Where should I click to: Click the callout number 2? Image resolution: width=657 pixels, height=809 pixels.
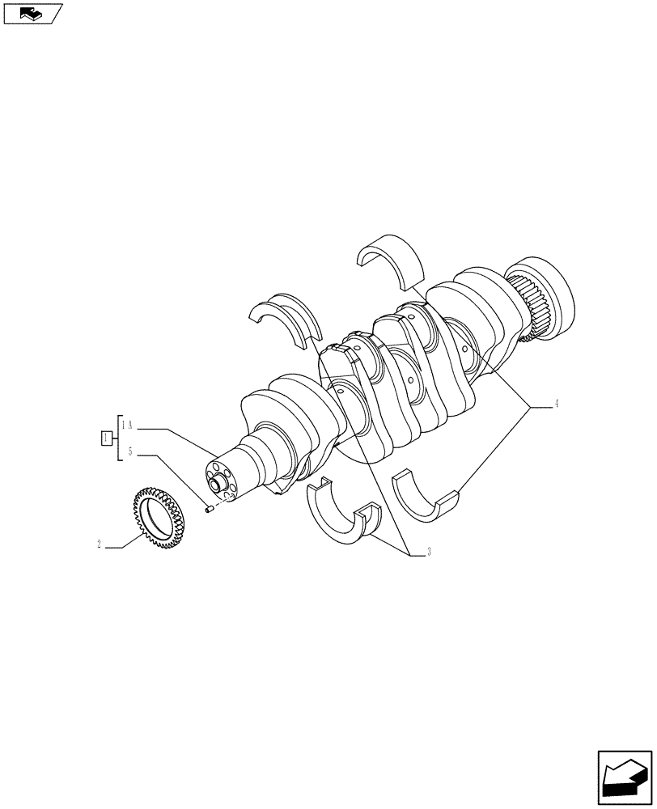[x=99, y=545]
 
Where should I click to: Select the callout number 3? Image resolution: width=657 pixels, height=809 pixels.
[x=428, y=553]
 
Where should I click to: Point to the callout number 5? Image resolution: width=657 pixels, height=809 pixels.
[x=129, y=451]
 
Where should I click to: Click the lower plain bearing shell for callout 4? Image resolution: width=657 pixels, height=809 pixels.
[x=426, y=496]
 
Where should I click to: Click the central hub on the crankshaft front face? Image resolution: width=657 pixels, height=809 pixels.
[x=217, y=485]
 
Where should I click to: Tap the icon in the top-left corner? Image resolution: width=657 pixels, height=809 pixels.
[x=32, y=13]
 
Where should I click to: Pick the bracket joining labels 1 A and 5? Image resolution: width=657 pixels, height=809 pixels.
[x=119, y=438]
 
